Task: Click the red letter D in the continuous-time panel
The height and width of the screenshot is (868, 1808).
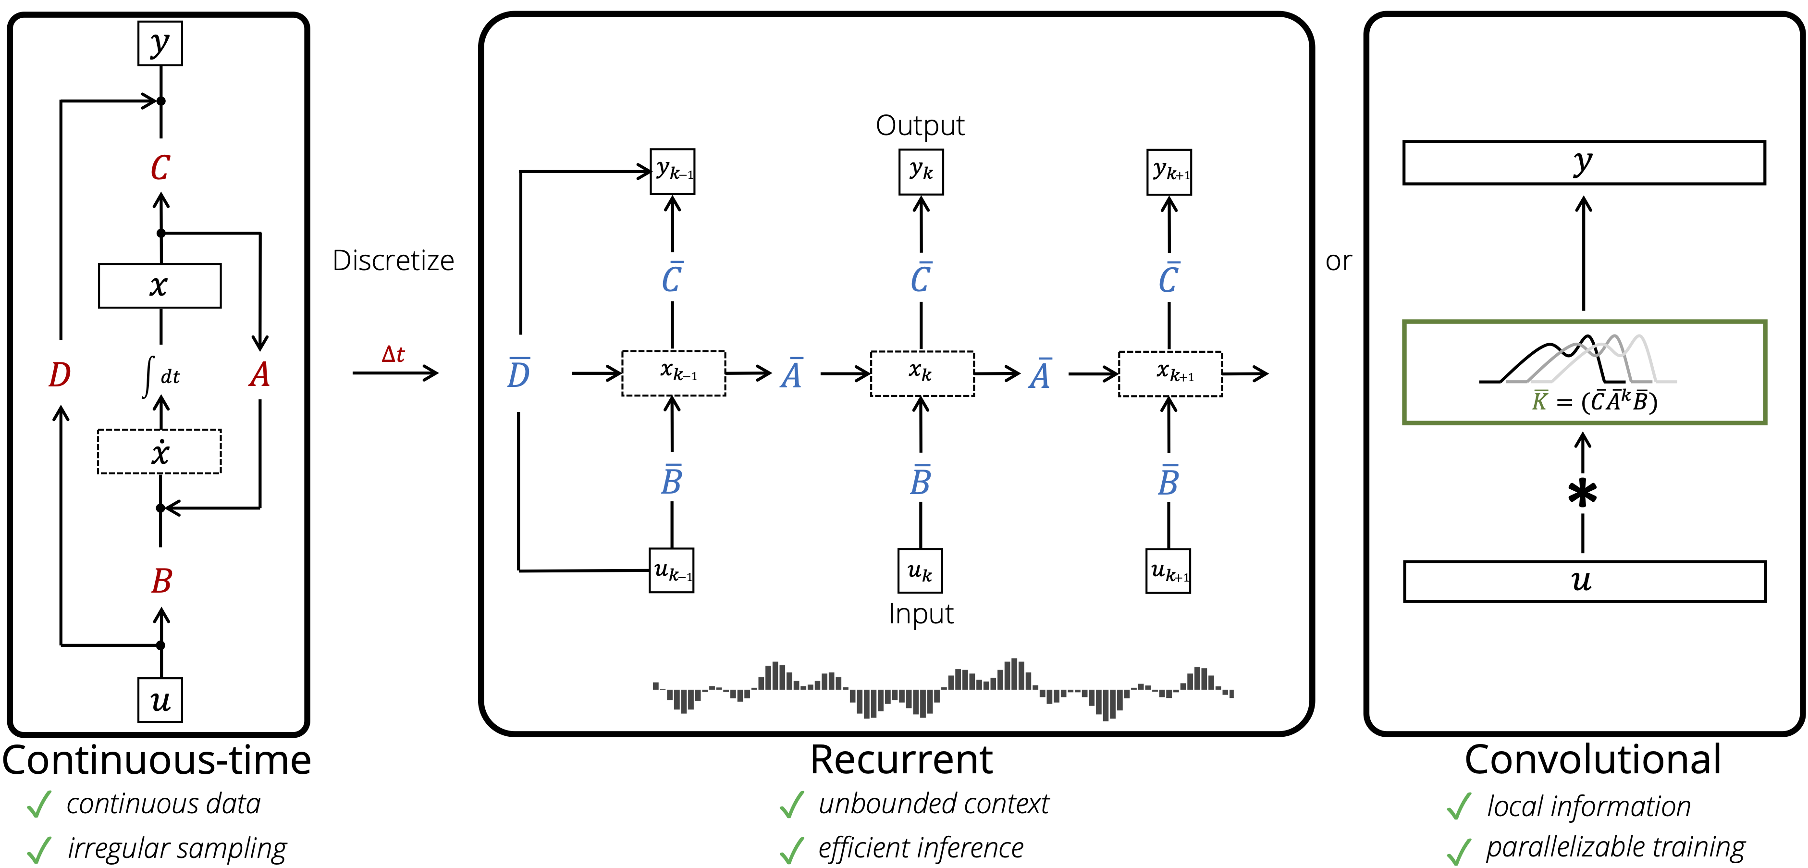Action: click(60, 374)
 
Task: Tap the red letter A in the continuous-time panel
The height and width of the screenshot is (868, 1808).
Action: click(259, 374)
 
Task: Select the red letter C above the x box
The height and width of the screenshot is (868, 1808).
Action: click(161, 168)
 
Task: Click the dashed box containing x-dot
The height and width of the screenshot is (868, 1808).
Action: click(160, 452)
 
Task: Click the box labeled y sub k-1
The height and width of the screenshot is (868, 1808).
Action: click(672, 172)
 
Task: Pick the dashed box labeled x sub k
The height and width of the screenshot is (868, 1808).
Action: click(922, 373)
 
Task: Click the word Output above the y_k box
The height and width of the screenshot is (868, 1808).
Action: click(920, 126)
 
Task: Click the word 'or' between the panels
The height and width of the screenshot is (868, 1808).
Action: click(1339, 262)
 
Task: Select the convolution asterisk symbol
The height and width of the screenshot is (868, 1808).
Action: click(1583, 493)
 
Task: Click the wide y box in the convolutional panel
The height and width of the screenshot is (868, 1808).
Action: click(1584, 163)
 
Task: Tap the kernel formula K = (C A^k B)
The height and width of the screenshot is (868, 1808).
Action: click(1594, 401)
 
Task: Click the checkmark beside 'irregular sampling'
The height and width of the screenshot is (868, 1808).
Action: click(39, 849)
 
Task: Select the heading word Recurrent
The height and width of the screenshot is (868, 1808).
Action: click(901, 760)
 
